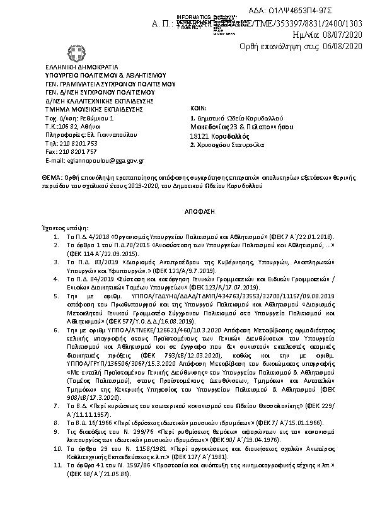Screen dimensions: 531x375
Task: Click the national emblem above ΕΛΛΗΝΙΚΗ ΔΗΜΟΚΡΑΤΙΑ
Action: [76, 53]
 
